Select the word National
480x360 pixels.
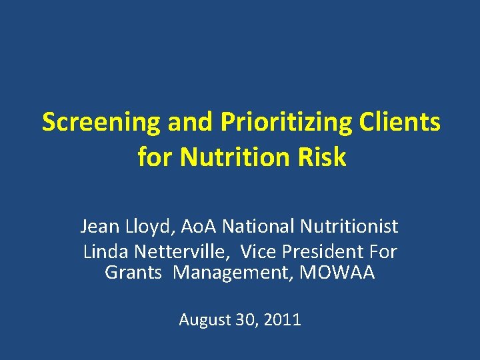pos(259,227)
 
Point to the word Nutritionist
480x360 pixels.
pos(349,227)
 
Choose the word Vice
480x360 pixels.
pos(257,252)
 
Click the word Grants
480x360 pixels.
pos(133,273)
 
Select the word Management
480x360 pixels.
pos(233,273)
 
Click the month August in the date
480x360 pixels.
pos(204,321)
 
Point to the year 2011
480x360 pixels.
pos(282,320)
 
